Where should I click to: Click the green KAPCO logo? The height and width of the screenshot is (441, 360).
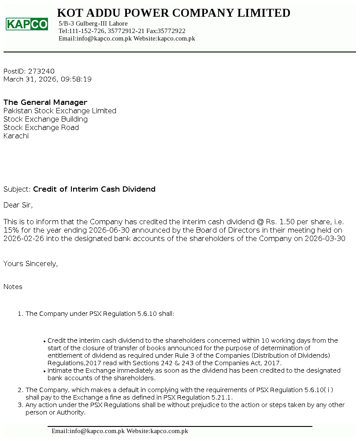tap(27, 24)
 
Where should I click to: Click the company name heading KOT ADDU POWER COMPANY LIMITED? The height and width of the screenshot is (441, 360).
tap(174, 13)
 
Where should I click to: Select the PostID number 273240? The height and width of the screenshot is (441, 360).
tap(41, 71)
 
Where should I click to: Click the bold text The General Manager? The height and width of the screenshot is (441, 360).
tap(45, 103)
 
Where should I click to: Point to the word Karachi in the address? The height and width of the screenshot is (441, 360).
tap(16, 136)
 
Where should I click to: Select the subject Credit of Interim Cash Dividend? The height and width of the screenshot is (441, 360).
tap(94, 189)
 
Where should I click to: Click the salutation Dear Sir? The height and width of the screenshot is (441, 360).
tap(18, 205)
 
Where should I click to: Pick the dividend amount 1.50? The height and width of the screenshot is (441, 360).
tap(288, 222)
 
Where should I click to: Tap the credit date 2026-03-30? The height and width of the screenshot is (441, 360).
tap(324, 239)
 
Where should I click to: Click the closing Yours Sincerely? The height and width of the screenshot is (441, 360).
tap(30, 264)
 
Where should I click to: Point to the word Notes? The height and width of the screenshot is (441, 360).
tap(13, 287)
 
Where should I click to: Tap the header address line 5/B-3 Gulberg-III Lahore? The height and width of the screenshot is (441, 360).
tap(93, 23)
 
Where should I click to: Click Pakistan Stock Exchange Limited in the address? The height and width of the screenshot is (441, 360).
tap(60, 111)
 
